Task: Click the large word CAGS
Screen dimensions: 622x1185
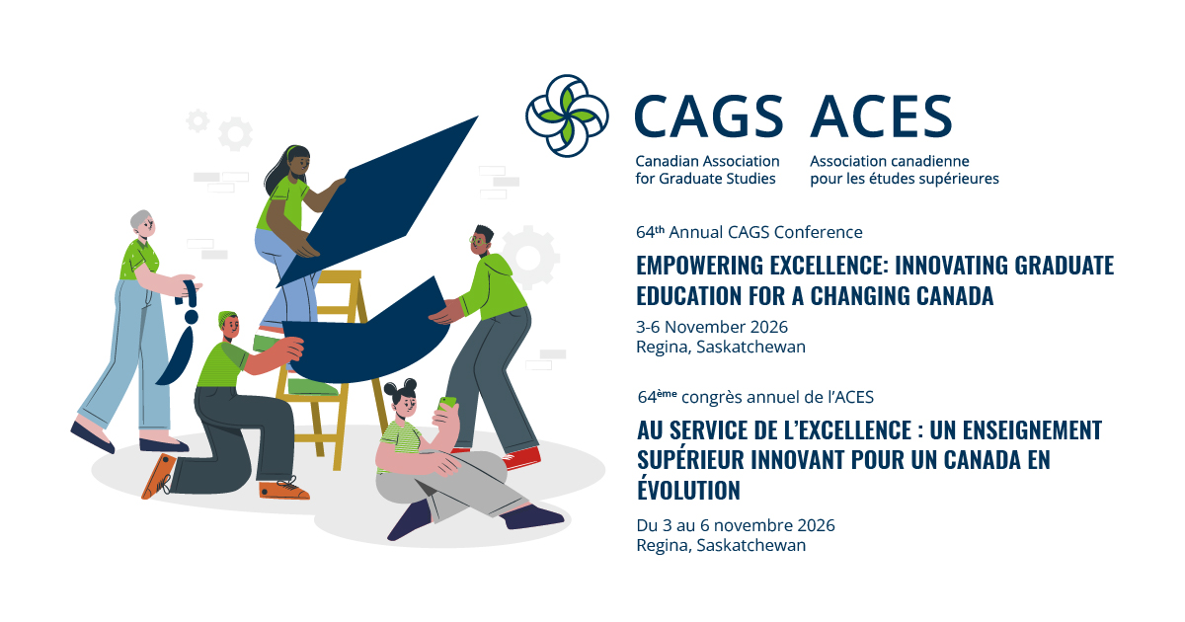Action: pyautogui.click(x=709, y=117)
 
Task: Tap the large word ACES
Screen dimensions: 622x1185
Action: pyautogui.click(x=881, y=117)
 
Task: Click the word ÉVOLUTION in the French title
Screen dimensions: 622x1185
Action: pyautogui.click(x=688, y=490)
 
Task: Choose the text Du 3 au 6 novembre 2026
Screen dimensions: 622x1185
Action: pyautogui.click(x=736, y=524)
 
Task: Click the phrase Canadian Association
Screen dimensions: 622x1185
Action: pyautogui.click(x=707, y=161)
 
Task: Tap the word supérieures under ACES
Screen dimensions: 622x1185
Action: pyautogui.click(x=958, y=179)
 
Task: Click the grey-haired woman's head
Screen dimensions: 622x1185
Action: pyautogui.click(x=142, y=226)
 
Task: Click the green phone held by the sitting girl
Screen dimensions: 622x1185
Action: pyautogui.click(x=448, y=404)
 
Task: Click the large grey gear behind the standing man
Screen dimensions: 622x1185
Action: pyautogui.click(x=530, y=255)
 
